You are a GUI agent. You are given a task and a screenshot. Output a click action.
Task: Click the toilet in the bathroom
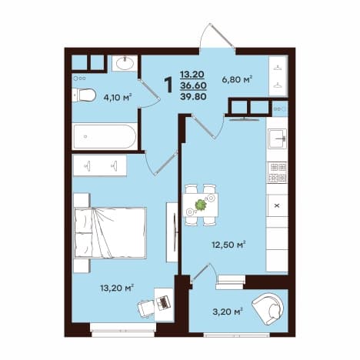point(84,95)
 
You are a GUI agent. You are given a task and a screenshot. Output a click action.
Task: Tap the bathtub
point(105,136)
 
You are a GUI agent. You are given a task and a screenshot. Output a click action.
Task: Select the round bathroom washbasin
point(125,63)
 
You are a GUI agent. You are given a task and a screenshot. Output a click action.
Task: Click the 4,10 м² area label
point(118,97)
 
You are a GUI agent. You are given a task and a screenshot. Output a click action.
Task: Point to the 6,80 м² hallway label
point(237,79)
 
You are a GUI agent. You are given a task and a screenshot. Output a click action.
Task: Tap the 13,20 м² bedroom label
point(117,288)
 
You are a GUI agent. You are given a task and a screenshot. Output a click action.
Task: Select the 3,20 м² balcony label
point(228,312)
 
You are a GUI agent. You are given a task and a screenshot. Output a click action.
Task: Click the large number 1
point(168,85)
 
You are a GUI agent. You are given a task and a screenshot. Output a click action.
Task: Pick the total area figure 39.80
point(194,97)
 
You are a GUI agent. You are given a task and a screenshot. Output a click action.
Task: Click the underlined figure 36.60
point(194,85)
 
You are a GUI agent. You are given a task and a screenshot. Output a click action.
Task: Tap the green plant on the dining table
point(201,205)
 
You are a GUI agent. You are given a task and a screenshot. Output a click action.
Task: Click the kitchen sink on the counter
point(277,138)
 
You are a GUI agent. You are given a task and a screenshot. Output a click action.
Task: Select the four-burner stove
point(277,172)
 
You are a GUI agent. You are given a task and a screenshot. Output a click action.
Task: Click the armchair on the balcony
point(268,308)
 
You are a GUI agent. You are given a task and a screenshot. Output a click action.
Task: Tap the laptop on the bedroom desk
point(163,302)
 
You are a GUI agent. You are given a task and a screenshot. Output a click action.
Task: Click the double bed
point(110,232)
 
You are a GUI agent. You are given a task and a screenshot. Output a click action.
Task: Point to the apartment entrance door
point(218,36)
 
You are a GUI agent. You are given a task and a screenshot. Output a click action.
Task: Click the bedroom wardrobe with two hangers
point(100,165)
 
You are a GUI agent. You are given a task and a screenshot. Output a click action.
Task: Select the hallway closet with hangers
point(278,76)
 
